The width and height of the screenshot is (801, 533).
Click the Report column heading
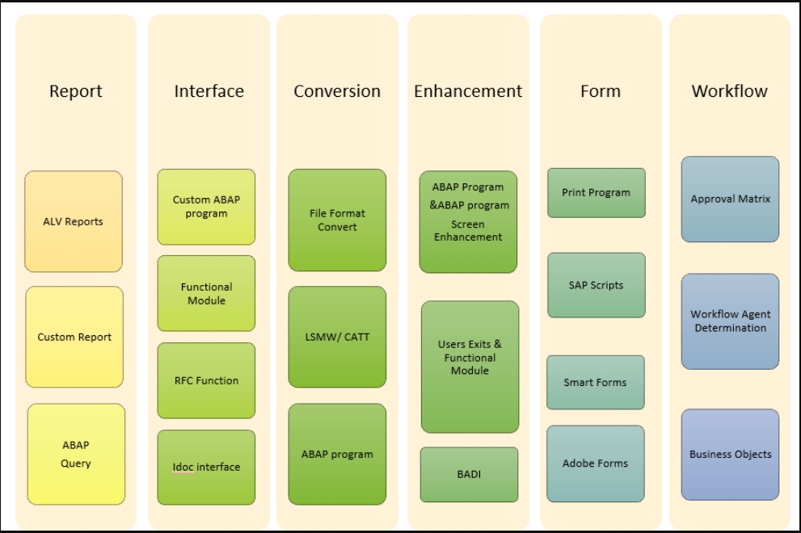76,91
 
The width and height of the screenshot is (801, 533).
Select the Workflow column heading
729,91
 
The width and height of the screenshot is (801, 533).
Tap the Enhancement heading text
468,91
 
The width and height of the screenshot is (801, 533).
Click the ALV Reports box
74,221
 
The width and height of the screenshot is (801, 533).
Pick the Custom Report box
74,337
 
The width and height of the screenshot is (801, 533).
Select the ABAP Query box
76,454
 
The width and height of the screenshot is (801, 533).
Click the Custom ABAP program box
206,207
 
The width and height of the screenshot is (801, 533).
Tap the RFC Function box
206,380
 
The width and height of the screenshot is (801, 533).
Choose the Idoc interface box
206,467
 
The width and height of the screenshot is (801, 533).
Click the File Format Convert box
337,220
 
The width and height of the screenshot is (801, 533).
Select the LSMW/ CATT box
337,337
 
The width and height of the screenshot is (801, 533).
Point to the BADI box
469,474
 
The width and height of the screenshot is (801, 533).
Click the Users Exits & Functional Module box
470,366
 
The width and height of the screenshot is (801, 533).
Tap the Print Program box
596,193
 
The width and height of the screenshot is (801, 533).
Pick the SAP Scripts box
596,285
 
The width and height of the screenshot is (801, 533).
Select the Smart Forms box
595,382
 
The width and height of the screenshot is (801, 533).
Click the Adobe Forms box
595,464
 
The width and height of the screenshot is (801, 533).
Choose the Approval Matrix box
730,199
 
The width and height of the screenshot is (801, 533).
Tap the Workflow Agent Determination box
730,321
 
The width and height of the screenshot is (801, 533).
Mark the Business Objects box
730,454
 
